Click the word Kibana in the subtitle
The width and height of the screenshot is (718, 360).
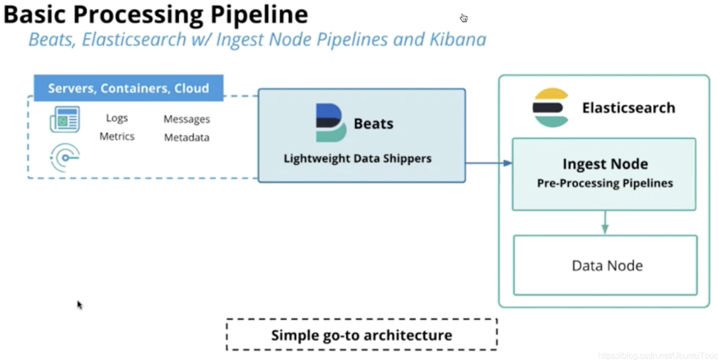pyautogui.click(x=457, y=39)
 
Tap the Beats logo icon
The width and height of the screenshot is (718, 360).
pyautogui.click(x=331, y=123)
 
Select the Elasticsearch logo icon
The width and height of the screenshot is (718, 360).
pyautogui.click(x=551, y=107)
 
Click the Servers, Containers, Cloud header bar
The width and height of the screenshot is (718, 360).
pyautogui.click(x=129, y=88)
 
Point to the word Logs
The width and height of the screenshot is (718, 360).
pyautogui.click(x=117, y=118)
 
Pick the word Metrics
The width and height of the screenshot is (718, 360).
pyautogui.click(x=117, y=137)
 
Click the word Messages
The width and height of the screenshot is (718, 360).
pyautogui.click(x=187, y=119)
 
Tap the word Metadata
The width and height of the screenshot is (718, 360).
pyautogui.click(x=187, y=137)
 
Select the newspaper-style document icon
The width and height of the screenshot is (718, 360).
pyautogui.click(x=64, y=119)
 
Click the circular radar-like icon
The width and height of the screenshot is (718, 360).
pyautogui.click(x=65, y=158)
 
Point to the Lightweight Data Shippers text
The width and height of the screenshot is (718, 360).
pyautogui.click(x=358, y=158)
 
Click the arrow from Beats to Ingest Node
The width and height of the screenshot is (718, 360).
pyautogui.click(x=489, y=163)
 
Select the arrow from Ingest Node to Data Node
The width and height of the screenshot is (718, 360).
pyautogui.click(x=605, y=223)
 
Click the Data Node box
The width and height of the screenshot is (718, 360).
pyautogui.click(x=606, y=265)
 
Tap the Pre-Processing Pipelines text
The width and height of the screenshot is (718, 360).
pyautogui.click(x=605, y=183)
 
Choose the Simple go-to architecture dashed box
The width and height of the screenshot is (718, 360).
pyautogui.click(x=362, y=335)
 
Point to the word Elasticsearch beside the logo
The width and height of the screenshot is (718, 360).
pyautogui.click(x=629, y=107)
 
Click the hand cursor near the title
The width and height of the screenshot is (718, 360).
pyautogui.click(x=464, y=18)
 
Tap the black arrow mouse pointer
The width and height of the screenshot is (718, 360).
pyautogui.click(x=79, y=304)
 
